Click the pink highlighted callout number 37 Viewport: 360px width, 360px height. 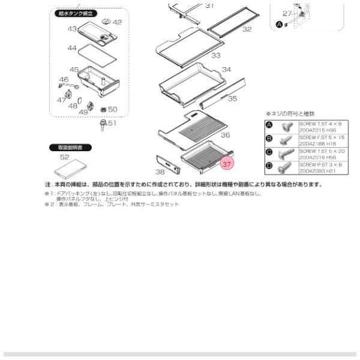pyautogui.click(x=227, y=163)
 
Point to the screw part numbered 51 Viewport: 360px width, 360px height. pyautogui.click(x=103, y=125)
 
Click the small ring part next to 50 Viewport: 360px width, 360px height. pyautogui.click(x=102, y=110)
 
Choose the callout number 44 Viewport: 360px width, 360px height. pyautogui.click(x=72, y=47)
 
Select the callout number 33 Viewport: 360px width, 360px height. pyautogui.click(x=215, y=55)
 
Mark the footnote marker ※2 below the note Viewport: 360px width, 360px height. pyautogui.click(x=47, y=204)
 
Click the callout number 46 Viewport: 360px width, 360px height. pyautogui.click(x=64, y=79)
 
